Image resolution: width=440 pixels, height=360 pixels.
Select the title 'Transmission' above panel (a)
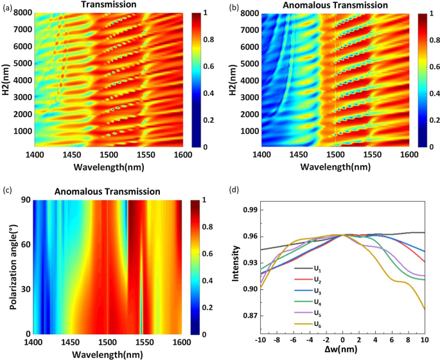[x=107, y=5]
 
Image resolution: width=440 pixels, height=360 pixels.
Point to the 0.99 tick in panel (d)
[x=249, y=210]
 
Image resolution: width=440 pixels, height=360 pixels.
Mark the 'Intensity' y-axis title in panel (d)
[x=236, y=270]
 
